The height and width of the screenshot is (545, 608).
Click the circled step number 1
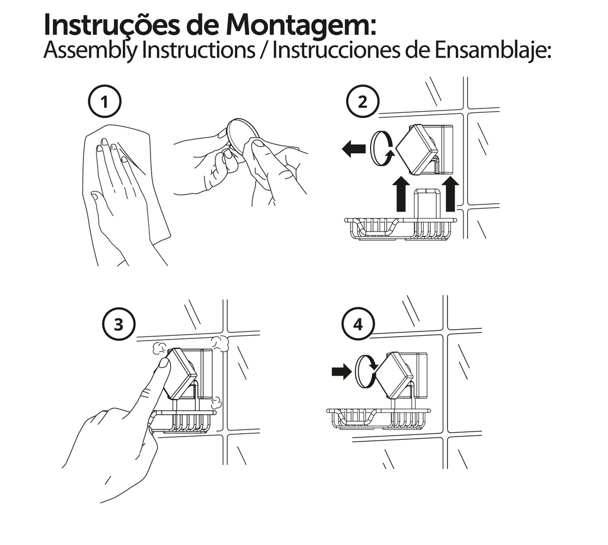point(105,101)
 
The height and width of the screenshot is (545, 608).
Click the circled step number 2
point(362,101)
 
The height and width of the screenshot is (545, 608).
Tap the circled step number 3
point(119,324)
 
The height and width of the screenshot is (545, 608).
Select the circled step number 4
point(358,324)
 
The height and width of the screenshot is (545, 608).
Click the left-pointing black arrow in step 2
point(354,149)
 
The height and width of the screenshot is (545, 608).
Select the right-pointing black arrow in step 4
point(341,372)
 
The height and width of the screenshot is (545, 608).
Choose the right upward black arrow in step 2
point(450,194)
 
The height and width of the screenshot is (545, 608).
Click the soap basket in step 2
point(401,229)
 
